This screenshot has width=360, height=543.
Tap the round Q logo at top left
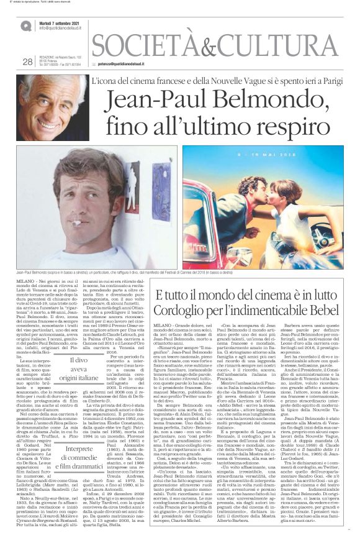(26, 25)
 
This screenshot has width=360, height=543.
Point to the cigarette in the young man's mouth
(73, 223)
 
